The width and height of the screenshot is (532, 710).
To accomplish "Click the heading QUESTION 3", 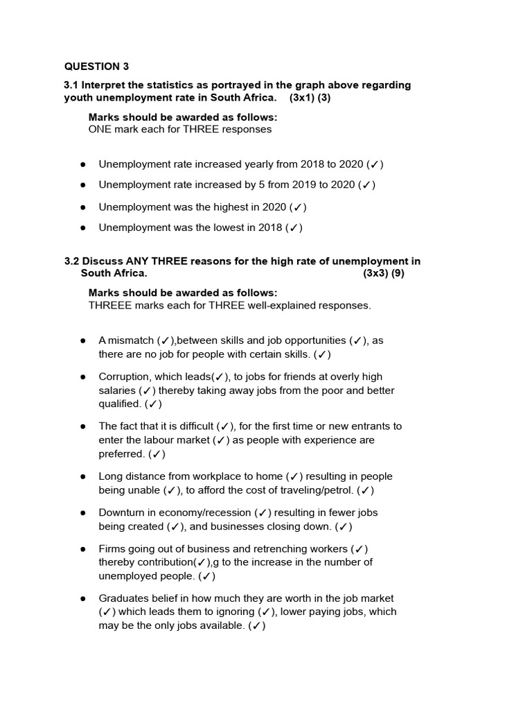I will [96, 67].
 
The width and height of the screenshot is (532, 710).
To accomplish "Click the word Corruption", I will [124, 376].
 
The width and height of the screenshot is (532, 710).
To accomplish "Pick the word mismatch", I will [131, 340].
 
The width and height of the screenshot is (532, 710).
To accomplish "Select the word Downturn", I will [121, 512].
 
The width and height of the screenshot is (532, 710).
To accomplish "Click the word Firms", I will [112, 548].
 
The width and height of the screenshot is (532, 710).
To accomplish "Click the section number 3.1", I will [71, 85].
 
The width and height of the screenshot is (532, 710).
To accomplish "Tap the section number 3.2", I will [71, 261].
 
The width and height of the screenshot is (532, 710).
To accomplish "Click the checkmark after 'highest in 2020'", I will [299, 207].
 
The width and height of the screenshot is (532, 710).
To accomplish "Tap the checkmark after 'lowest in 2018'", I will [294, 227].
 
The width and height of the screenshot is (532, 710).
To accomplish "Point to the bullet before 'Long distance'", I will [83, 476].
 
